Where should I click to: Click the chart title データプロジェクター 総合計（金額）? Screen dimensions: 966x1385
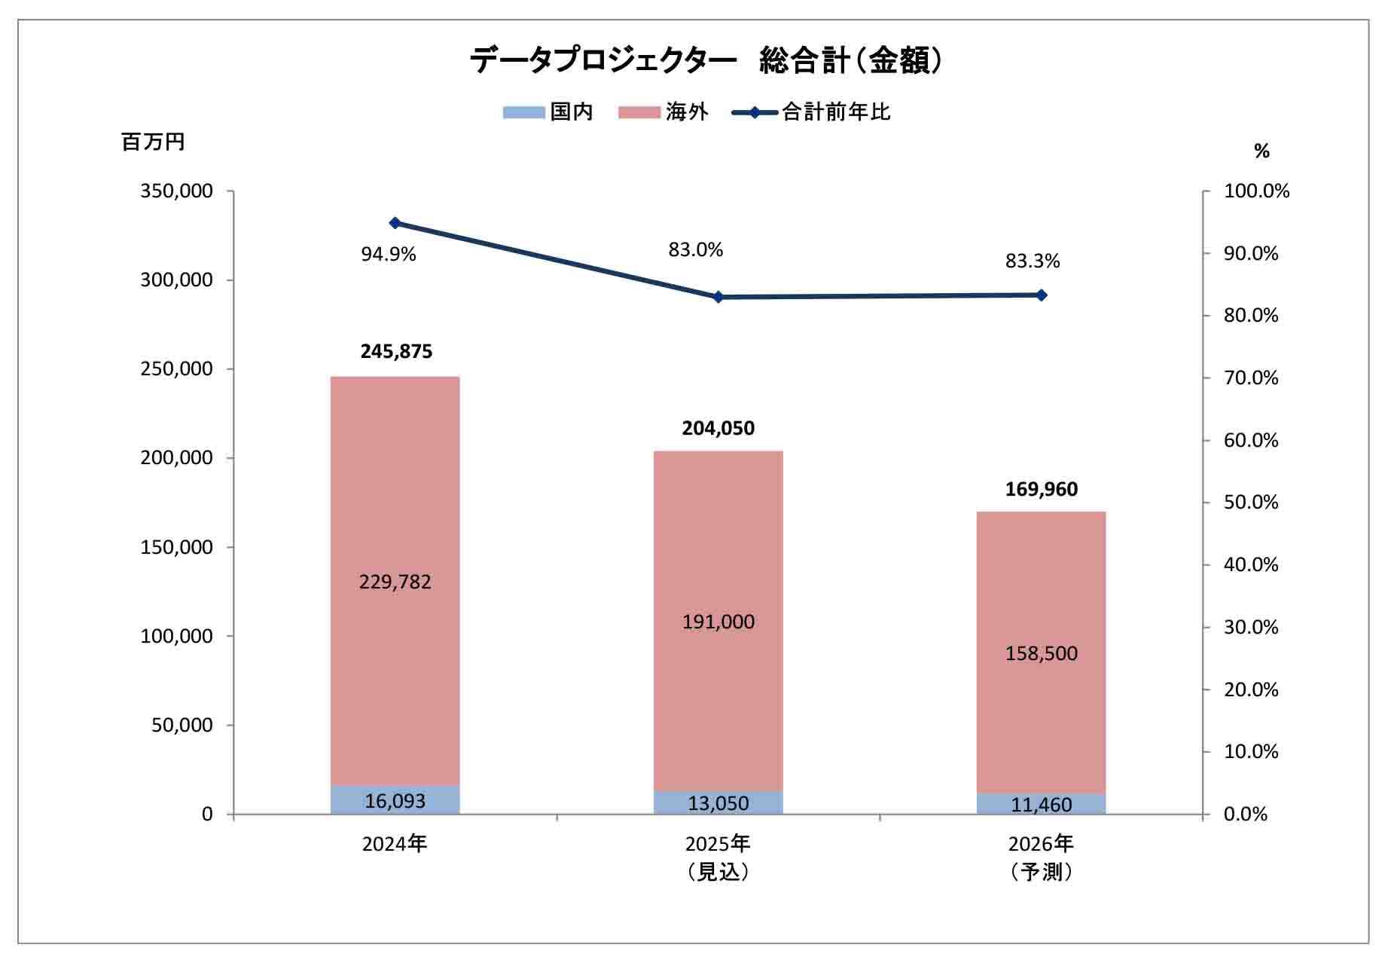[706, 61]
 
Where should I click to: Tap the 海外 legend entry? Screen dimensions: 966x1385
[664, 112]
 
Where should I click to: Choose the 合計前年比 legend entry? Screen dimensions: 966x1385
[811, 112]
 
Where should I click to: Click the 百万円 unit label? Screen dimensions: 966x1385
[153, 142]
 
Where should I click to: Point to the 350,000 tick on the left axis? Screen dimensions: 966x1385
[177, 191]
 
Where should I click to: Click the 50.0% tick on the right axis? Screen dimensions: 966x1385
[1250, 503]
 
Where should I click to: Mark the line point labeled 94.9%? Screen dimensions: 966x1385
[395, 223]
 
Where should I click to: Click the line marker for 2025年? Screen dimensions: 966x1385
[718, 297]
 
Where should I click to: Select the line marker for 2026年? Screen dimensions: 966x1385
[1042, 295]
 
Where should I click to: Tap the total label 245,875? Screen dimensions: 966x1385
[396, 352]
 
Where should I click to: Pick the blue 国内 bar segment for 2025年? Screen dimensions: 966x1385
[718, 803]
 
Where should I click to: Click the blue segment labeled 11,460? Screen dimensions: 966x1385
[1041, 805]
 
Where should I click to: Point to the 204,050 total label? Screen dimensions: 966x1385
[718, 428]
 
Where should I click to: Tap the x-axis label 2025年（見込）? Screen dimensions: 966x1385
[718, 857]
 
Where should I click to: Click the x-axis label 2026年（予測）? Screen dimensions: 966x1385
[1041, 857]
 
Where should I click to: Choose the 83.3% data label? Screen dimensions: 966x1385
[1033, 261]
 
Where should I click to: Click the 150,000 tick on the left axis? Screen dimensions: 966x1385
[177, 548]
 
